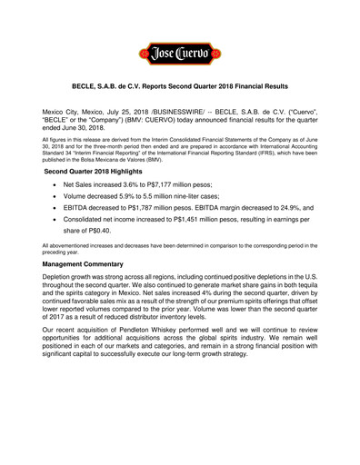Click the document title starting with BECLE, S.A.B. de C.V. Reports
[x=180, y=86]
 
